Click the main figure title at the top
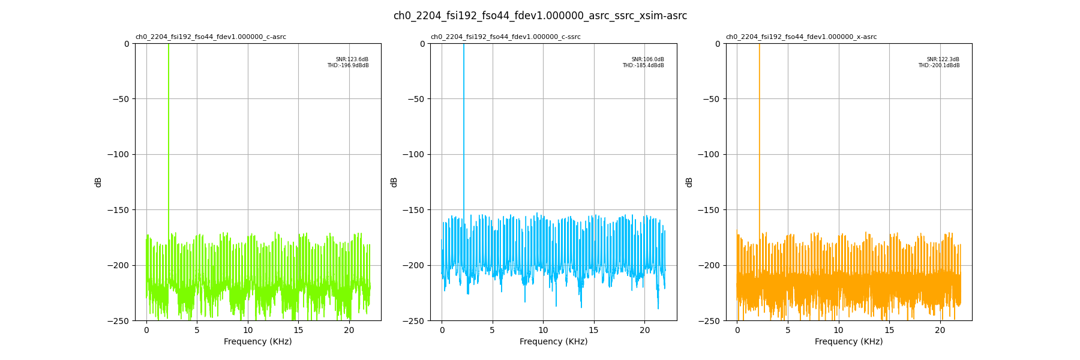(x=540, y=16)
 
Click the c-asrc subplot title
(x=211, y=37)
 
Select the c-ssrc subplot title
(x=506, y=37)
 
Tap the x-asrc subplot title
(x=801, y=37)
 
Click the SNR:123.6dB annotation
(x=352, y=59)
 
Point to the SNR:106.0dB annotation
(x=647, y=59)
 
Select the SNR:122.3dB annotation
(x=943, y=59)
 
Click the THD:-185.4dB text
(x=643, y=65)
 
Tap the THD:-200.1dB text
(x=938, y=65)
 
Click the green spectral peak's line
(x=169, y=120)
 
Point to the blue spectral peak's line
(x=464, y=120)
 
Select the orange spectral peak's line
(x=760, y=120)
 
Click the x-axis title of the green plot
(x=258, y=342)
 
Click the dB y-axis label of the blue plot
(x=394, y=182)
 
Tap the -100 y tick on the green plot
(x=118, y=154)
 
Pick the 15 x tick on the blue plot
(x=594, y=330)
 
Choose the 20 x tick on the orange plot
(x=940, y=330)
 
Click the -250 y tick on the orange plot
(x=709, y=321)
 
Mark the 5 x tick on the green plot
(x=197, y=330)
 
